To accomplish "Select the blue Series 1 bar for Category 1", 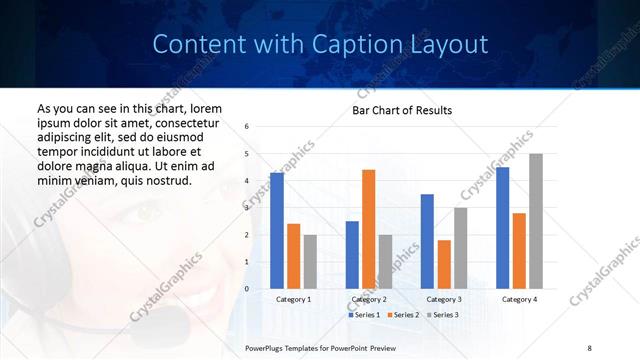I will (x=277, y=231).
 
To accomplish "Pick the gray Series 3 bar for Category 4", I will (x=536, y=221).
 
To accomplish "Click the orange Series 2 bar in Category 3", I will (x=444, y=264).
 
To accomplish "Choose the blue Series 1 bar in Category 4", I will (x=502, y=228).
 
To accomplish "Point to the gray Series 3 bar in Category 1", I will (x=310, y=262).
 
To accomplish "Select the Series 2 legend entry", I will (x=401, y=315).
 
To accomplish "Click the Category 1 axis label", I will (x=293, y=299).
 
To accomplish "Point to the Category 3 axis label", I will (x=444, y=299).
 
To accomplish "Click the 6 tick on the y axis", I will (x=247, y=126).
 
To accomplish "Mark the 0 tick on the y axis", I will (x=247, y=289).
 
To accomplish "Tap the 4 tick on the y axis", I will (x=247, y=181).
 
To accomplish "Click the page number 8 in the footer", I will (x=589, y=347).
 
